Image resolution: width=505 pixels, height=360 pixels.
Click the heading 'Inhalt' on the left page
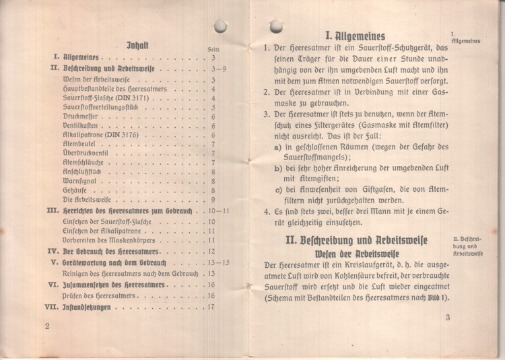tap(137, 46)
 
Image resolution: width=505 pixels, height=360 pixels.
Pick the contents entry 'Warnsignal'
tap(79, 181)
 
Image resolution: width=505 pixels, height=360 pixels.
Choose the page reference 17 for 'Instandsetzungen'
tap(211, 307)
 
